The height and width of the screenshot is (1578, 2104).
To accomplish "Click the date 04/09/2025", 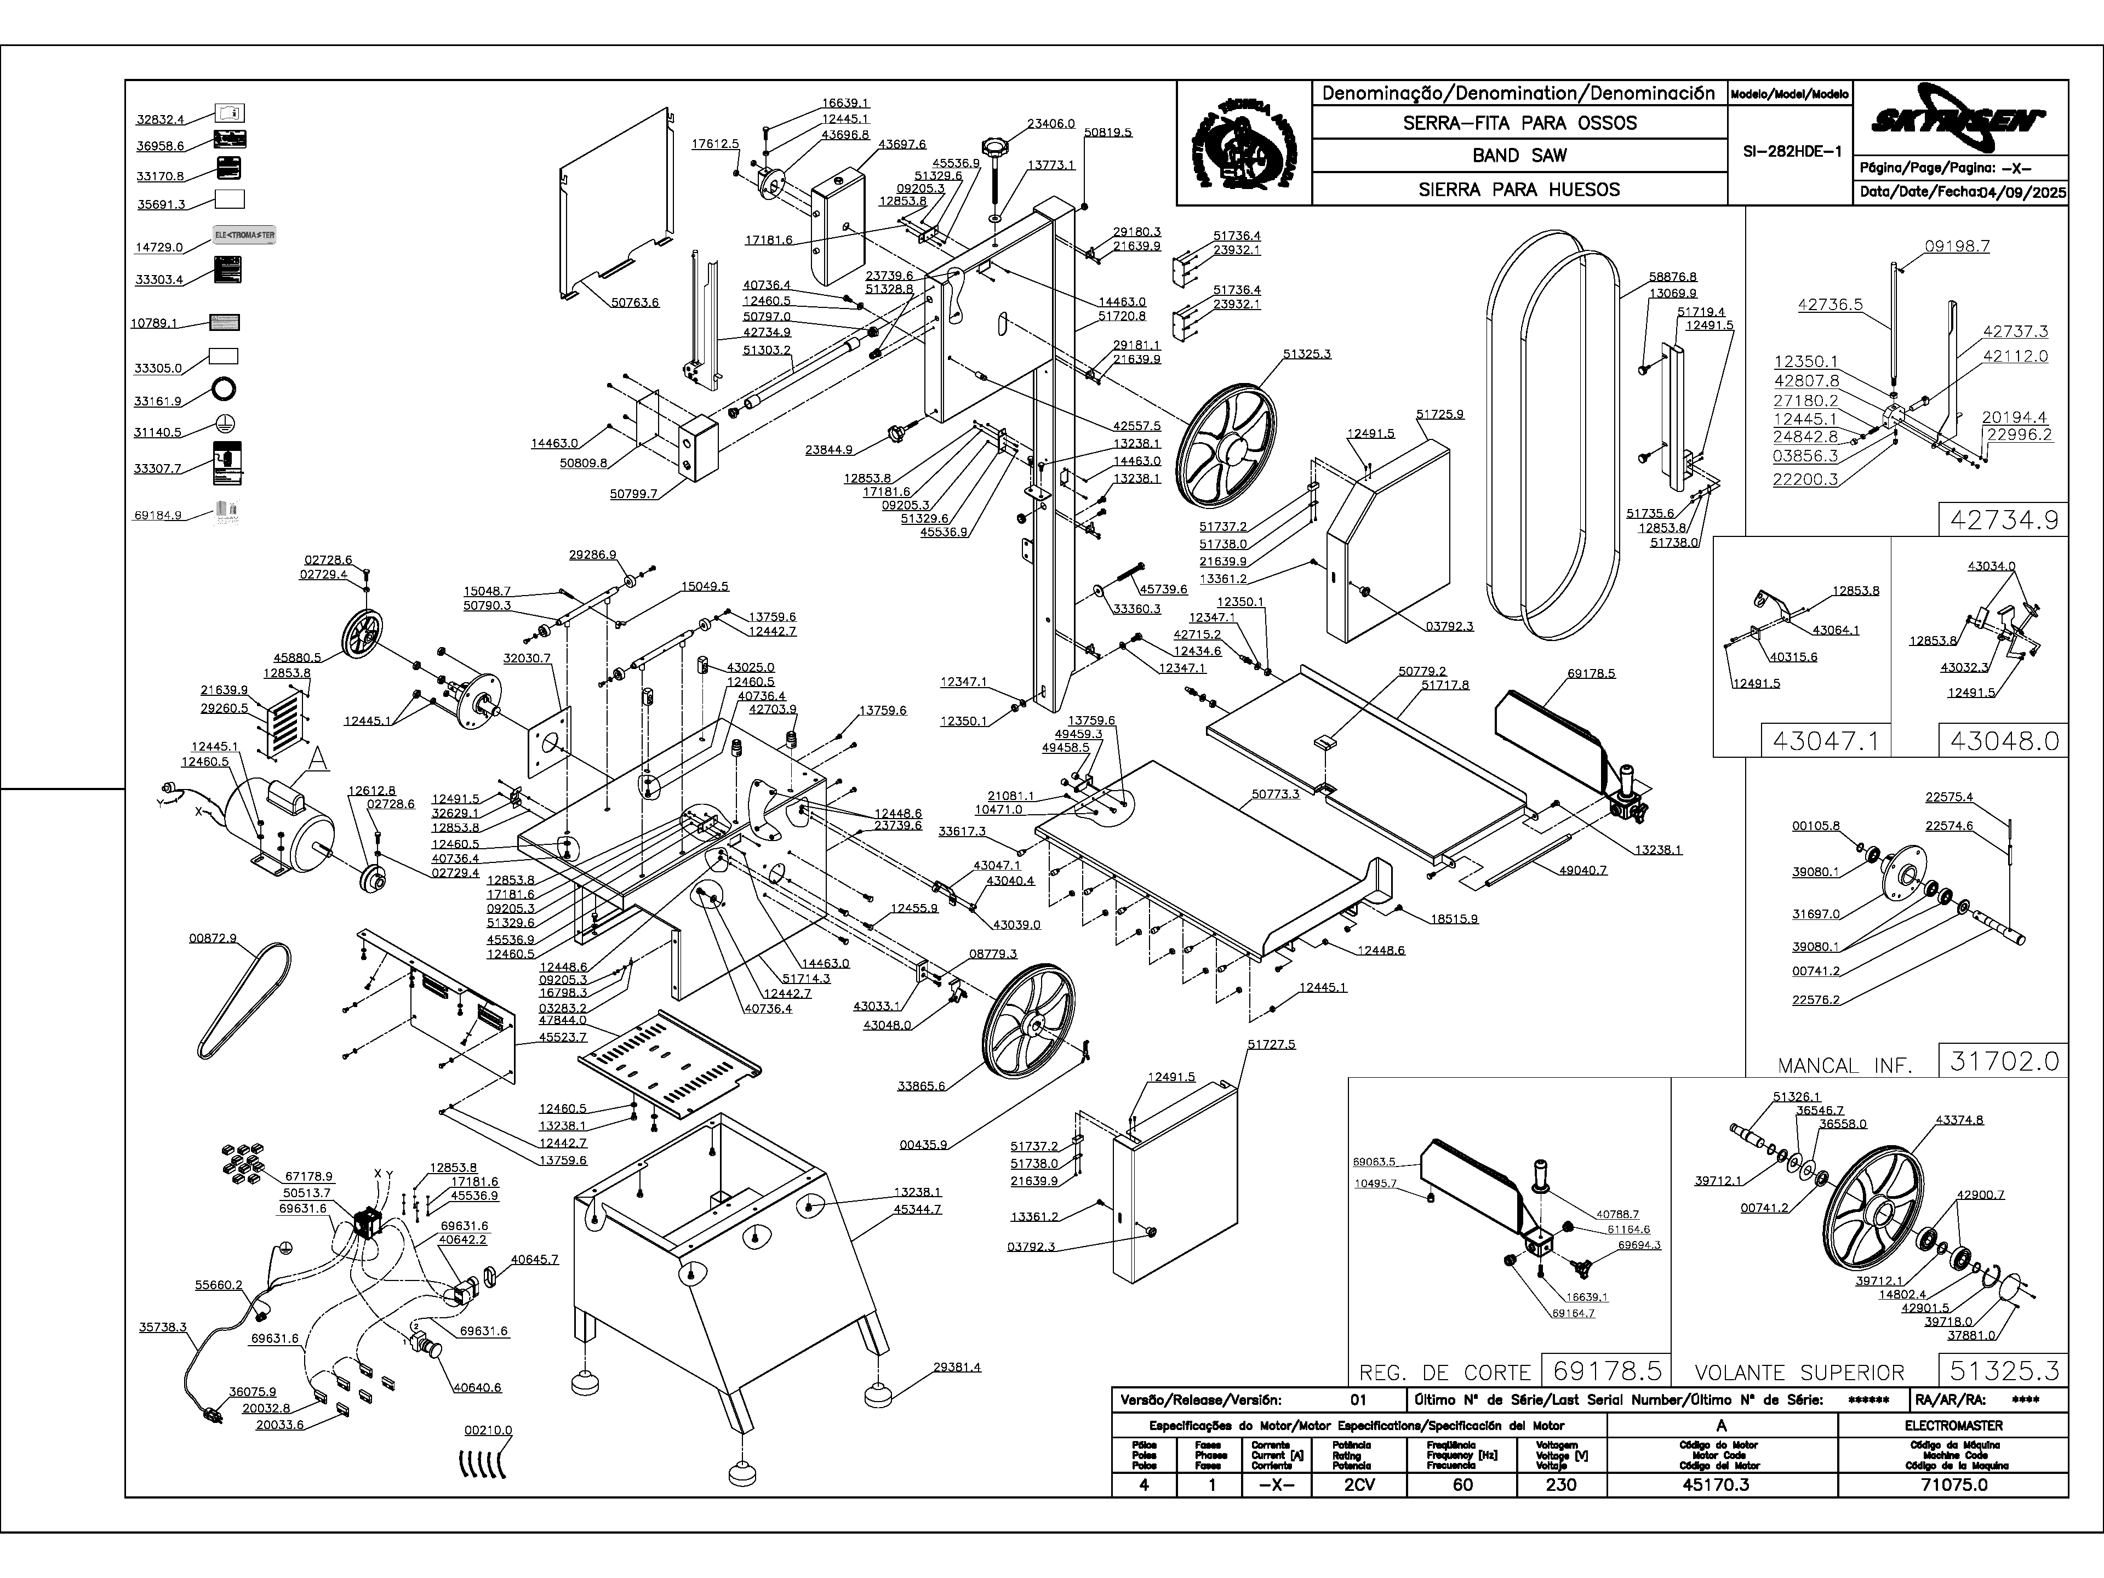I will [2022, 192].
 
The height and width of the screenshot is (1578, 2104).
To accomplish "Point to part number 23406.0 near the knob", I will [1051, 124].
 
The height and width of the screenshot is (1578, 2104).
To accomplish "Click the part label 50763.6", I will [636, 302].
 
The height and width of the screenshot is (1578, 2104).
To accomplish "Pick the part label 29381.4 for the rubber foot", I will [956, 1367].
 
